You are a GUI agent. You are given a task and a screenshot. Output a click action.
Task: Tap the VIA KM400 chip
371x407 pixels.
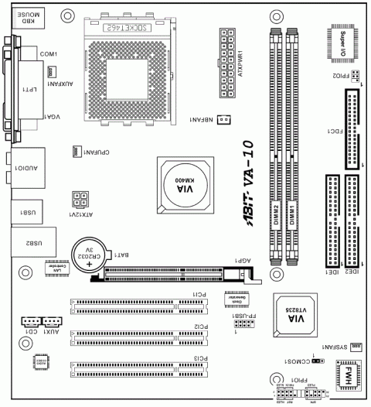click(185, 186)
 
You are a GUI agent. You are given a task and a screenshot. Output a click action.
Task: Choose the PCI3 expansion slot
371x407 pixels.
click(139, 367)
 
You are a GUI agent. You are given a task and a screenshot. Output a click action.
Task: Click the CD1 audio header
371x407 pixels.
click(32, 323)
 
